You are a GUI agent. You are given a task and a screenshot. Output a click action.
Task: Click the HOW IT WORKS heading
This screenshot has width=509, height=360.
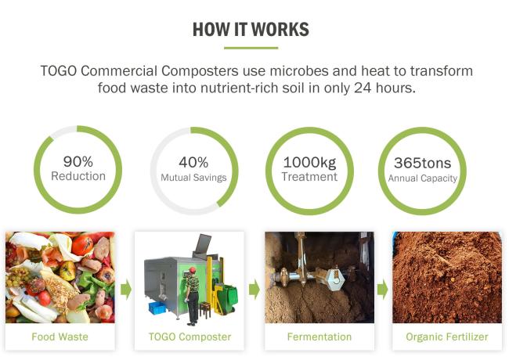251,30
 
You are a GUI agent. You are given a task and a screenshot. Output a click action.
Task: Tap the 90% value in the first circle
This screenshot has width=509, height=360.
78,161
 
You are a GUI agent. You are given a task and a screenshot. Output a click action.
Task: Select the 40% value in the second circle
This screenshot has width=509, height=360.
193,163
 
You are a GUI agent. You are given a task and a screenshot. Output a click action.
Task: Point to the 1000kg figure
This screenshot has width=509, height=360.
309,163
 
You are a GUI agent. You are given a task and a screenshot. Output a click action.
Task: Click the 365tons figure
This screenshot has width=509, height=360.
422,163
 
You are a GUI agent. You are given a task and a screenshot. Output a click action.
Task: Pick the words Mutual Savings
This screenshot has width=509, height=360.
193,178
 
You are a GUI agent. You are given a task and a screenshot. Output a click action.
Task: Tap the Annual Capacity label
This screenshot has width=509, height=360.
423,178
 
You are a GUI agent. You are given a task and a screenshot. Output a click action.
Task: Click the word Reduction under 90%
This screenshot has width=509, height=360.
78,176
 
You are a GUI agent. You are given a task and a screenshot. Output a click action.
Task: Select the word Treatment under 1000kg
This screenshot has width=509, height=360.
309,177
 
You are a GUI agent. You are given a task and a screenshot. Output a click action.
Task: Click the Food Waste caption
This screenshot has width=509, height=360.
60,337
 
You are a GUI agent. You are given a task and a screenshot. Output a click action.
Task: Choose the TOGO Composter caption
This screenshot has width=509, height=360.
190,337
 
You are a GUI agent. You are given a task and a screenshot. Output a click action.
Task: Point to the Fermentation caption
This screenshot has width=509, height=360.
319,337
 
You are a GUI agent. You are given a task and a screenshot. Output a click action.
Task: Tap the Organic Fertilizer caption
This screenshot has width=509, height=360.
447,337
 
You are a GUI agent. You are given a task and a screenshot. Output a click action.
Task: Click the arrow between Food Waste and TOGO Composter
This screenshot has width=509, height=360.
126,290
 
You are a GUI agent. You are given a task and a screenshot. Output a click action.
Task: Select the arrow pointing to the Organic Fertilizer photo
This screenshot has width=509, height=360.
382,290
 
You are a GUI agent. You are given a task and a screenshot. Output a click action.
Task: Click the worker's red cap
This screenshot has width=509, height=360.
193,270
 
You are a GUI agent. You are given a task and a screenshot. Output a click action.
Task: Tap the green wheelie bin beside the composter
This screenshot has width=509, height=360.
228,299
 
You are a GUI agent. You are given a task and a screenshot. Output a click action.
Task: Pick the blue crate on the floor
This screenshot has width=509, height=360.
157,308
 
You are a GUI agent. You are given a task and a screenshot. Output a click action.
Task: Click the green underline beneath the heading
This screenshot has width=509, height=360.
251,48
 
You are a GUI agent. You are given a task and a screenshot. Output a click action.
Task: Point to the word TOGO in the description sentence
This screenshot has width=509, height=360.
59,71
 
